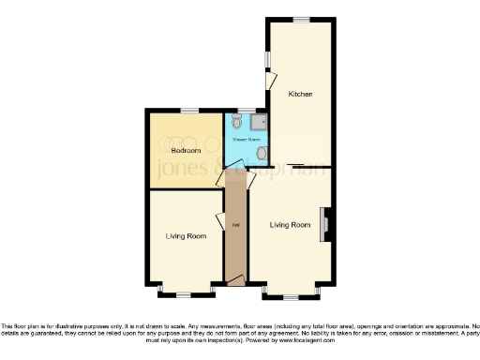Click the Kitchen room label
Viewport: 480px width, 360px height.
tap(300, 95)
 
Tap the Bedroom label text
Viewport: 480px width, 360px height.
tap(185, 150)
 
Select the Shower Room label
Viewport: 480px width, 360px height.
tap(246, 139)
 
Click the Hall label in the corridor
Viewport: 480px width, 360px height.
tap(234, 225)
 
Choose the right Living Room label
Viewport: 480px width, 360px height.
tap(290, 225)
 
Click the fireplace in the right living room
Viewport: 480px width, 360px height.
tap(325, 225)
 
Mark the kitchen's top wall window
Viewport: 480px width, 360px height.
tap(300, 19)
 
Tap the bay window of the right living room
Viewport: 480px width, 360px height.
tap(292, 294)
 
